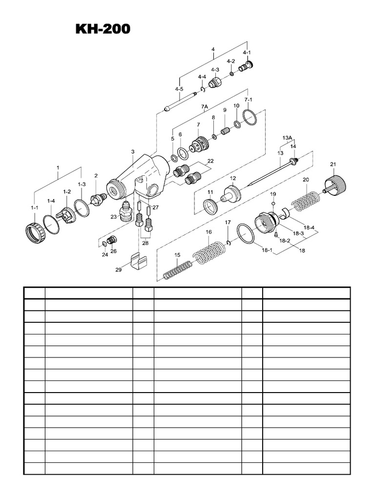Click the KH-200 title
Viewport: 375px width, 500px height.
[x=103, y=29]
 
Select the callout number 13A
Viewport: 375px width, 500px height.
[x=287, y=138]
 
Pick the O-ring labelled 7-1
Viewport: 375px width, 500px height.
[x=250, y=117]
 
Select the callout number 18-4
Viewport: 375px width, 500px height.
[x=309, y=227]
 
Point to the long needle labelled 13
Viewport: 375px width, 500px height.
[x=271, y=171]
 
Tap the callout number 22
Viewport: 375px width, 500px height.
[x=210, y=161]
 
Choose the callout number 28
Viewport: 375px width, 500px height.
[x=145, y=243]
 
